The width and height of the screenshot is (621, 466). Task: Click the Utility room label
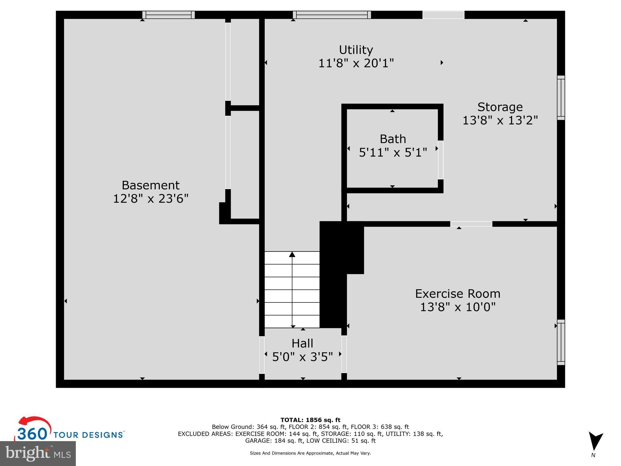coord(356,50)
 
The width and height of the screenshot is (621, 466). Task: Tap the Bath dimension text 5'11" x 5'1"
coord(393,152)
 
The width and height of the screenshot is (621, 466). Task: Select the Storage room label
coord(500,107)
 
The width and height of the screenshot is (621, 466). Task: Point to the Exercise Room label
coord(458,294)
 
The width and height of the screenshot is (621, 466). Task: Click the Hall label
coord(302,343)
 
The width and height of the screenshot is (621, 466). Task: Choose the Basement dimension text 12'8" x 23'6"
coord(151,199)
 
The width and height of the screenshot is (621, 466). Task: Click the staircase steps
coord(292,290)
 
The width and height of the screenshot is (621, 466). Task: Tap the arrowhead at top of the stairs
coord(292,254)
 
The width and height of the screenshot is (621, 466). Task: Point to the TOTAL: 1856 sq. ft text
coord(310,420)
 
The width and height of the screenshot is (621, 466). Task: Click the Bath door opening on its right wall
coord(441,160)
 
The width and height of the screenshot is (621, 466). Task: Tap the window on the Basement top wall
coord(169,15)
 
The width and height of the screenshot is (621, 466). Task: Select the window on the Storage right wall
coord(561,98)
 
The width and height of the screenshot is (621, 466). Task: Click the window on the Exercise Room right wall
coord(561,342)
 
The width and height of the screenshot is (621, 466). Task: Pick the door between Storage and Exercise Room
coord(471,224)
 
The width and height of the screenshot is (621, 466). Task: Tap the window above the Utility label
coord(332,15)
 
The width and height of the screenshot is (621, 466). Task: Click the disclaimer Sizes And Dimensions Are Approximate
coord(310,453)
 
